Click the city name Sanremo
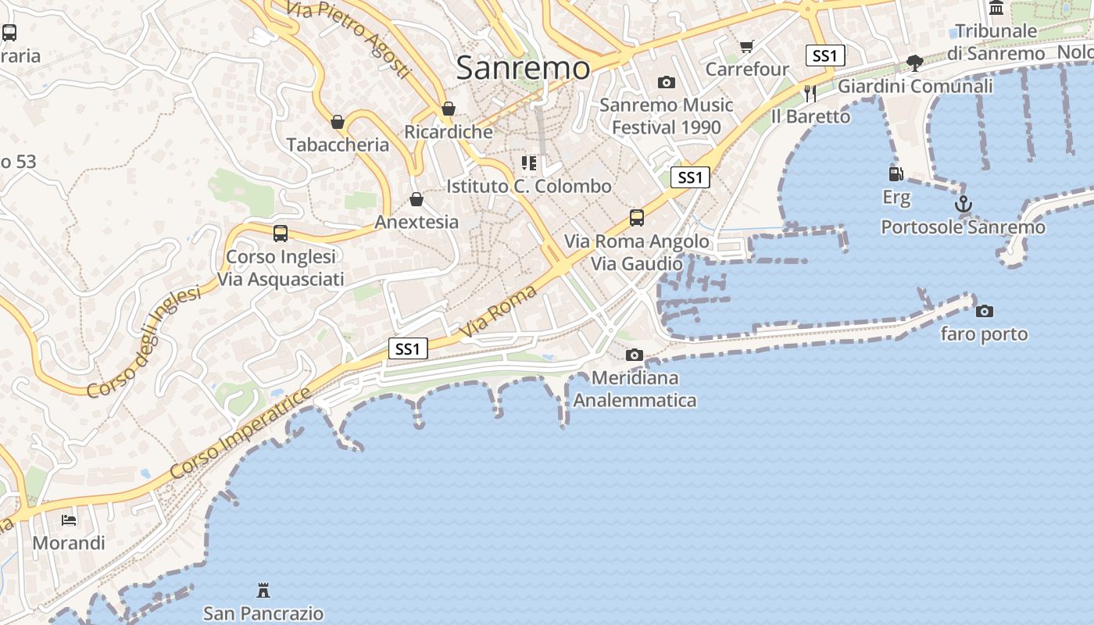[524, 68]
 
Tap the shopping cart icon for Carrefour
[747, 47]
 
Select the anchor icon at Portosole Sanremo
[964, 205]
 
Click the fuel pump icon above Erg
[896, 173]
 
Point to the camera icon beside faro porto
[985, 312]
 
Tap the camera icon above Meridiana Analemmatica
[635, 355]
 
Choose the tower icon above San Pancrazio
[263, 591]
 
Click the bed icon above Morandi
[69, 520]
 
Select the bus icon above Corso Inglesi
[280, 234]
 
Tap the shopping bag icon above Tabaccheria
[338, 123]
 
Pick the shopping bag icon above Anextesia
[417, 200]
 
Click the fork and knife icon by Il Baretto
[810, 94]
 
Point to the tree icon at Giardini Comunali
[914, 63]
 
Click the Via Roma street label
[499, 312]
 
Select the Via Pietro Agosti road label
[348, 37]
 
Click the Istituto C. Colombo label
[529, 186]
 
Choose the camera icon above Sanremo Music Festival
[666, 83]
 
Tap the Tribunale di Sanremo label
[996, 42]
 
